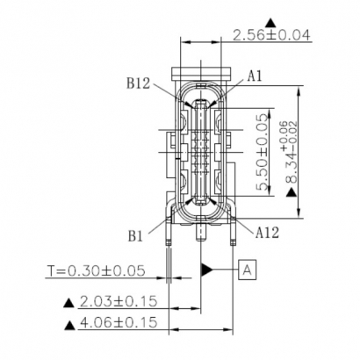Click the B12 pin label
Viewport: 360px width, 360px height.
pyautogui.click(x=139, y=84)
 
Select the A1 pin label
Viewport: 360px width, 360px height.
pyautogui.click(x=255, y=76)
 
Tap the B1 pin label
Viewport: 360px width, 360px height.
pyautogui.click(x=134, y=236)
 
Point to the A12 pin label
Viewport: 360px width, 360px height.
pyautogui.click(x=269, y=232)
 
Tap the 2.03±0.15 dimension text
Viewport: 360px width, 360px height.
pyautogui.click(x=118, y=301)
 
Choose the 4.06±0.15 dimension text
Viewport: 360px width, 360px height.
pyautogui.click(x=118, y=323)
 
